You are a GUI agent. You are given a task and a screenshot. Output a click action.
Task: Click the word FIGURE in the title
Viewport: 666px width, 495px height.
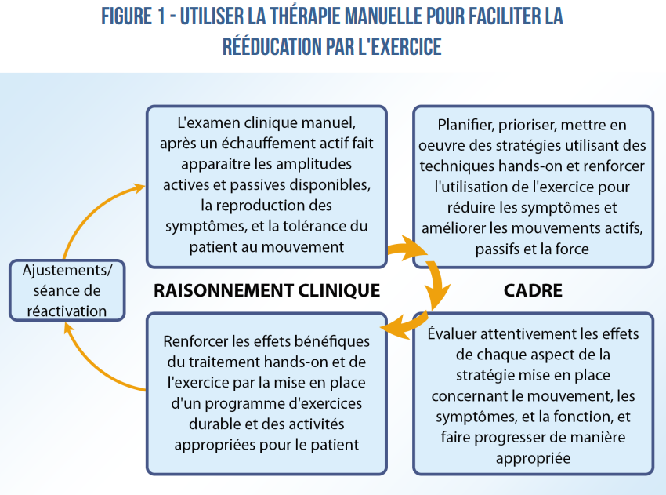pyautogui.click(x=127, y=16)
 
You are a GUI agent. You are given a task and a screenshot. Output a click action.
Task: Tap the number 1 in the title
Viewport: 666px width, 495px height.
pyautogui.click(x=161, y=16)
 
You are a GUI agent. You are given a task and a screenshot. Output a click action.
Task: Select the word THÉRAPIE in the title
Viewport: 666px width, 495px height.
pyautogui.click(x=305, y=16)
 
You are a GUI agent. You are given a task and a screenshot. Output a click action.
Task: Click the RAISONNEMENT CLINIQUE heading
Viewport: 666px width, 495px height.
pyautogui.click(x=266, y=290)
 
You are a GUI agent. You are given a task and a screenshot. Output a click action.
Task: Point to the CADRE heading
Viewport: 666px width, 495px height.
pyautogui.click(x=533, y=290)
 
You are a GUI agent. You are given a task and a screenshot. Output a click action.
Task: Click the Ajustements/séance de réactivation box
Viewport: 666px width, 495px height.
pyautogui.click(x=67, y=290)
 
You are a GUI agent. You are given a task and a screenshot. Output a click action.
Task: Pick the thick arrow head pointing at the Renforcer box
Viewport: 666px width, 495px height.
pyautogui.click(x=393, y=327)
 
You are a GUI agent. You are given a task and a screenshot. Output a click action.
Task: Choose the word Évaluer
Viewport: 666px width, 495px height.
pyautogui.click(x=452, y=333)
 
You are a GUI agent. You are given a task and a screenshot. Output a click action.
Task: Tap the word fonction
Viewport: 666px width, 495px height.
pyautogui.click(x=582, y=417)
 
